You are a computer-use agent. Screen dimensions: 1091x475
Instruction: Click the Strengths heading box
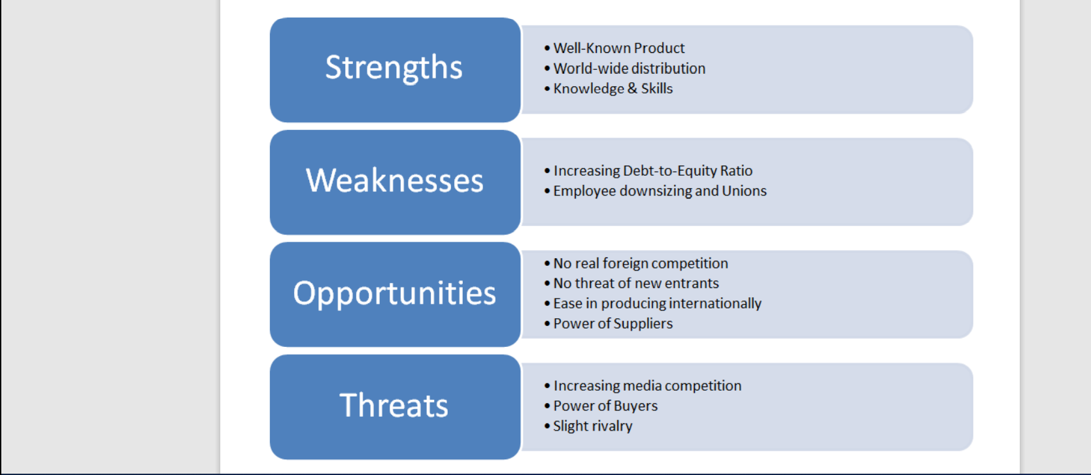[x=395, y=70]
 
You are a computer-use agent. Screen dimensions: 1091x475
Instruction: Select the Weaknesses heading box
[x=395, y=182]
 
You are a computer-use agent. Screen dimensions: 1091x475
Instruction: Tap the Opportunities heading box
[x=395, y=295]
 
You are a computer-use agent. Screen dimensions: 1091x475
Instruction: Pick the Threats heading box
[x=395, y=407]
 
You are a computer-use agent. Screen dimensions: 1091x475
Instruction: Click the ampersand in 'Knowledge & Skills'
[x=632, y=89]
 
